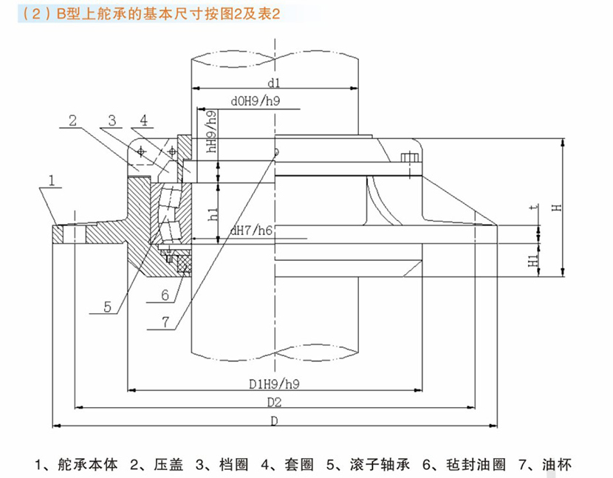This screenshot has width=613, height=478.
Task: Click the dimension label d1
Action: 273,81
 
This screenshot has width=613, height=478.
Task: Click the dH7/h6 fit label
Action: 250,231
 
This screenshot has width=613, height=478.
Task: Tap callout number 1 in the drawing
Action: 52,180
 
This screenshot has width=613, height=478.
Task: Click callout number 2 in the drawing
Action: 73,120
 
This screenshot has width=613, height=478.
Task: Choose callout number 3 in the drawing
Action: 111,120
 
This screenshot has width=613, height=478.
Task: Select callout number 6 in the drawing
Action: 165,296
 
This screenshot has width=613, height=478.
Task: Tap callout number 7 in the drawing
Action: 165,321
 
